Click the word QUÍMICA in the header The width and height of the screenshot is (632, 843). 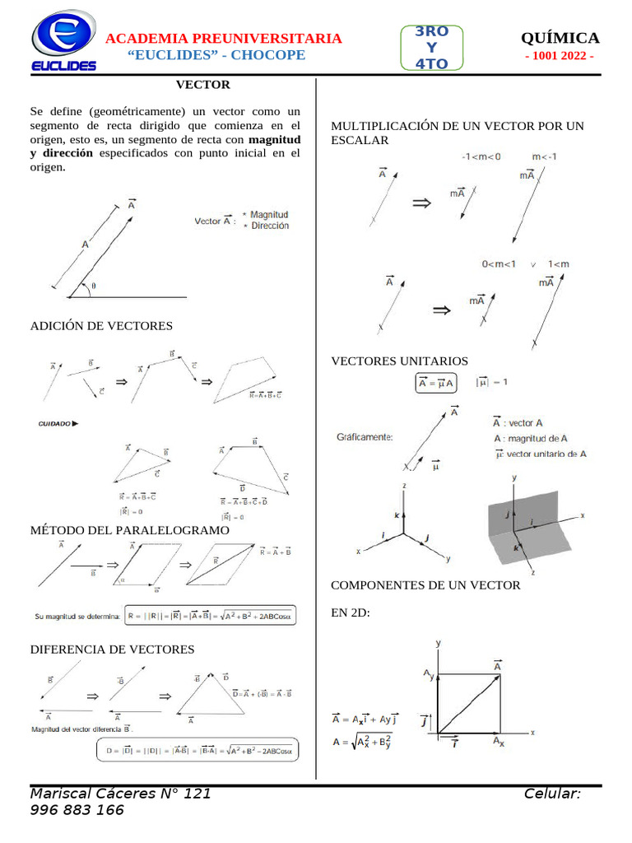pyautogui.click(x=560, y=38)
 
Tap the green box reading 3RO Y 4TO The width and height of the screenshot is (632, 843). pyautogui.click(x=432, y=47)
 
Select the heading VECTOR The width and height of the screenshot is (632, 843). pyautogui.click(x=203, y=85)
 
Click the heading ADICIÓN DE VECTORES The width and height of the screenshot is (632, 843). pyautogui.click(x=101, y=326)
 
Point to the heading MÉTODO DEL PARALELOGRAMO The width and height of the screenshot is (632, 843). pyautogui.click(x=129, y=531)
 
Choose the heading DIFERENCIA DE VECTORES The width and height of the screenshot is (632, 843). pyautogui.click(x=112, y=650)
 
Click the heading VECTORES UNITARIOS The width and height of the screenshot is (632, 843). pyautogui.click(x=399, y=361)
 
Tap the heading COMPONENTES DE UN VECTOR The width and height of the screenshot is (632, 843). pyautogui.click(x=425, y=585)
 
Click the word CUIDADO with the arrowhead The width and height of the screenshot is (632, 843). pyautogui.click(x=58, y=424)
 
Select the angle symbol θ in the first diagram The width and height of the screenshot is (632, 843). pyautogui.click(x=93, y=286)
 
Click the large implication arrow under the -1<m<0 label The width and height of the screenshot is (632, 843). pyautogui.click(x=421, y=203)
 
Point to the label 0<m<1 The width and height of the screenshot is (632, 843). pyautogui.click(x=499, y=264)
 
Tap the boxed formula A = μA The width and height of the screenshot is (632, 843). pyautogui.click(x=436, y=384)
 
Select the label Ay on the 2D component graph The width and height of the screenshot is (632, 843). pyautogui.click(x=428, y=675)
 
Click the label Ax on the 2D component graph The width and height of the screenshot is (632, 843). pyautogui.click(x=499, y=742)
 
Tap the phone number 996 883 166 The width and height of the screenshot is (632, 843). pyautogui.click(x=77, y=810)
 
